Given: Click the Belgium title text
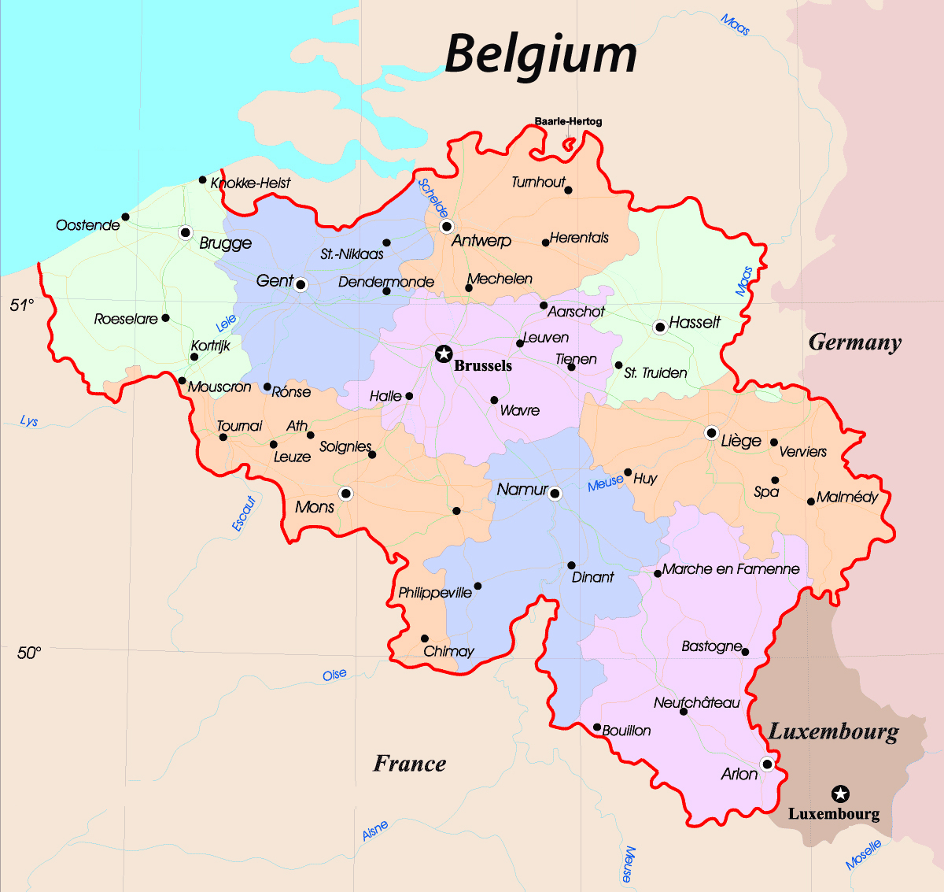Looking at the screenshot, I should pyautogui.click(x=541, y=54).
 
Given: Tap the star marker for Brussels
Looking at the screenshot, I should pyautogui.click(x=444, y=353).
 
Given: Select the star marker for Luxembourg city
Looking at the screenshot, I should pyautogui.click(x=840, y=794).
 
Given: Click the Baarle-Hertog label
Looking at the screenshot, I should pyautogui.click(x=568, y=121).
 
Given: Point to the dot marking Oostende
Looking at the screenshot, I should pyautogui.click(x=125, y=217).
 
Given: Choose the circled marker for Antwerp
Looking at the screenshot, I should pyautogui.click(x=447, y=227).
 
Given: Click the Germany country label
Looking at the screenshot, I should pyautogui.click(x=854, y=342).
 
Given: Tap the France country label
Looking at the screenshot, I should pyautogui.click(x=409, y=763).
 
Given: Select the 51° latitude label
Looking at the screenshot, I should pyautogui.click(x=22, y=305).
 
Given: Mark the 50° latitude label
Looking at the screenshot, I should pyautogui.click(x=28, y=653).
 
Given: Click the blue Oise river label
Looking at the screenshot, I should pyautogui.click(x=334, y=675).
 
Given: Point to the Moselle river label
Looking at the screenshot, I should pyautogui.click(x=863, y=854).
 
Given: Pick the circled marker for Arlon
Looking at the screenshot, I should pyautogui.click(x=767, y=764).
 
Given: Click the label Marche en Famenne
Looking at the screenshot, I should pyautogui.click(x=730, y=569).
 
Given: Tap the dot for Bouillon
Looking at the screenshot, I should pyautogui.click(x=597, y=727).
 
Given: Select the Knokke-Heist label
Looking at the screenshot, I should pyautogui.click(x=250, y=183).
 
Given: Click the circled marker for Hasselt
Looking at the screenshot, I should pyautogui.click(x=660, y=327).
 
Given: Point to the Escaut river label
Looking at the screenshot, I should pyautogui.click(x=244, y=513).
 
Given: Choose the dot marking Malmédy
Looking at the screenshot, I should pyautogui.click(x=811, y=502).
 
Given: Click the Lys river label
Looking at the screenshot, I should pyautogui.click(x=29, y=421).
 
